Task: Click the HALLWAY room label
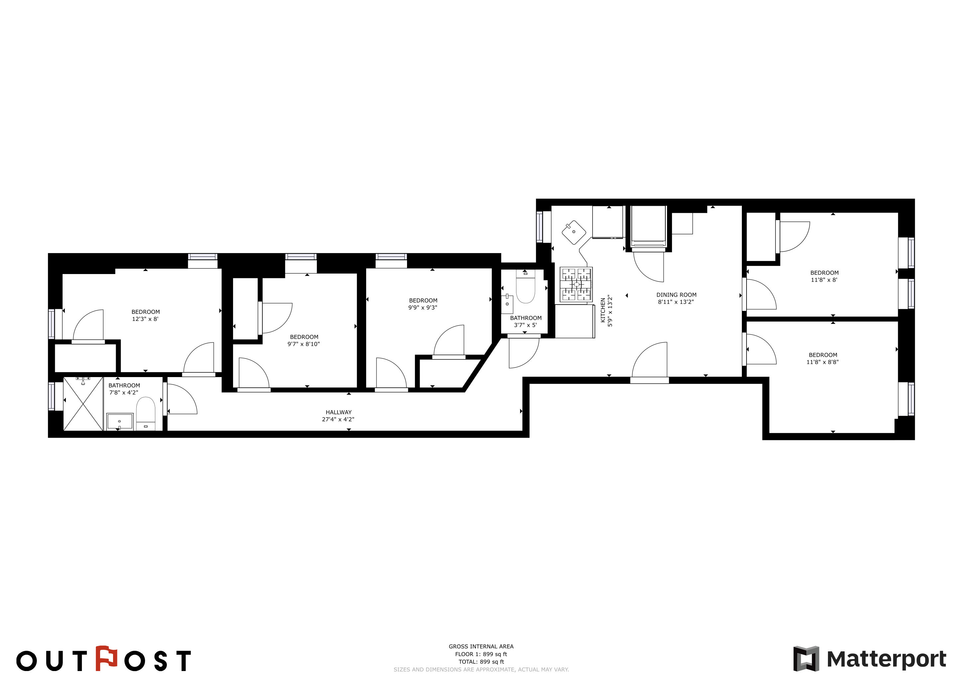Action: [x=339, y=412]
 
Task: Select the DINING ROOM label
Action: [x=676, y=295]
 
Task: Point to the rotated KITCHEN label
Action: [x=603, y=310]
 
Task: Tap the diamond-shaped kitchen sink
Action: [x=574, y=232]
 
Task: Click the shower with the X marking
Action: [x=83, y=404]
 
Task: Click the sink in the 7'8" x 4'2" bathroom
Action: [x=119, y=421]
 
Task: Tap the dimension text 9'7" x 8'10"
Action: [x=303, y=344]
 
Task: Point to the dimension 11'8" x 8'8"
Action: [x=822, y=362]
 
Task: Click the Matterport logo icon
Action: [x=806, y=659]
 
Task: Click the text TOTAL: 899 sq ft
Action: [x=481, y=662]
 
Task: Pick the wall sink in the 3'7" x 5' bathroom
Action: [x=507, y=304]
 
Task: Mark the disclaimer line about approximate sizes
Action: [x=481, y=670]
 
